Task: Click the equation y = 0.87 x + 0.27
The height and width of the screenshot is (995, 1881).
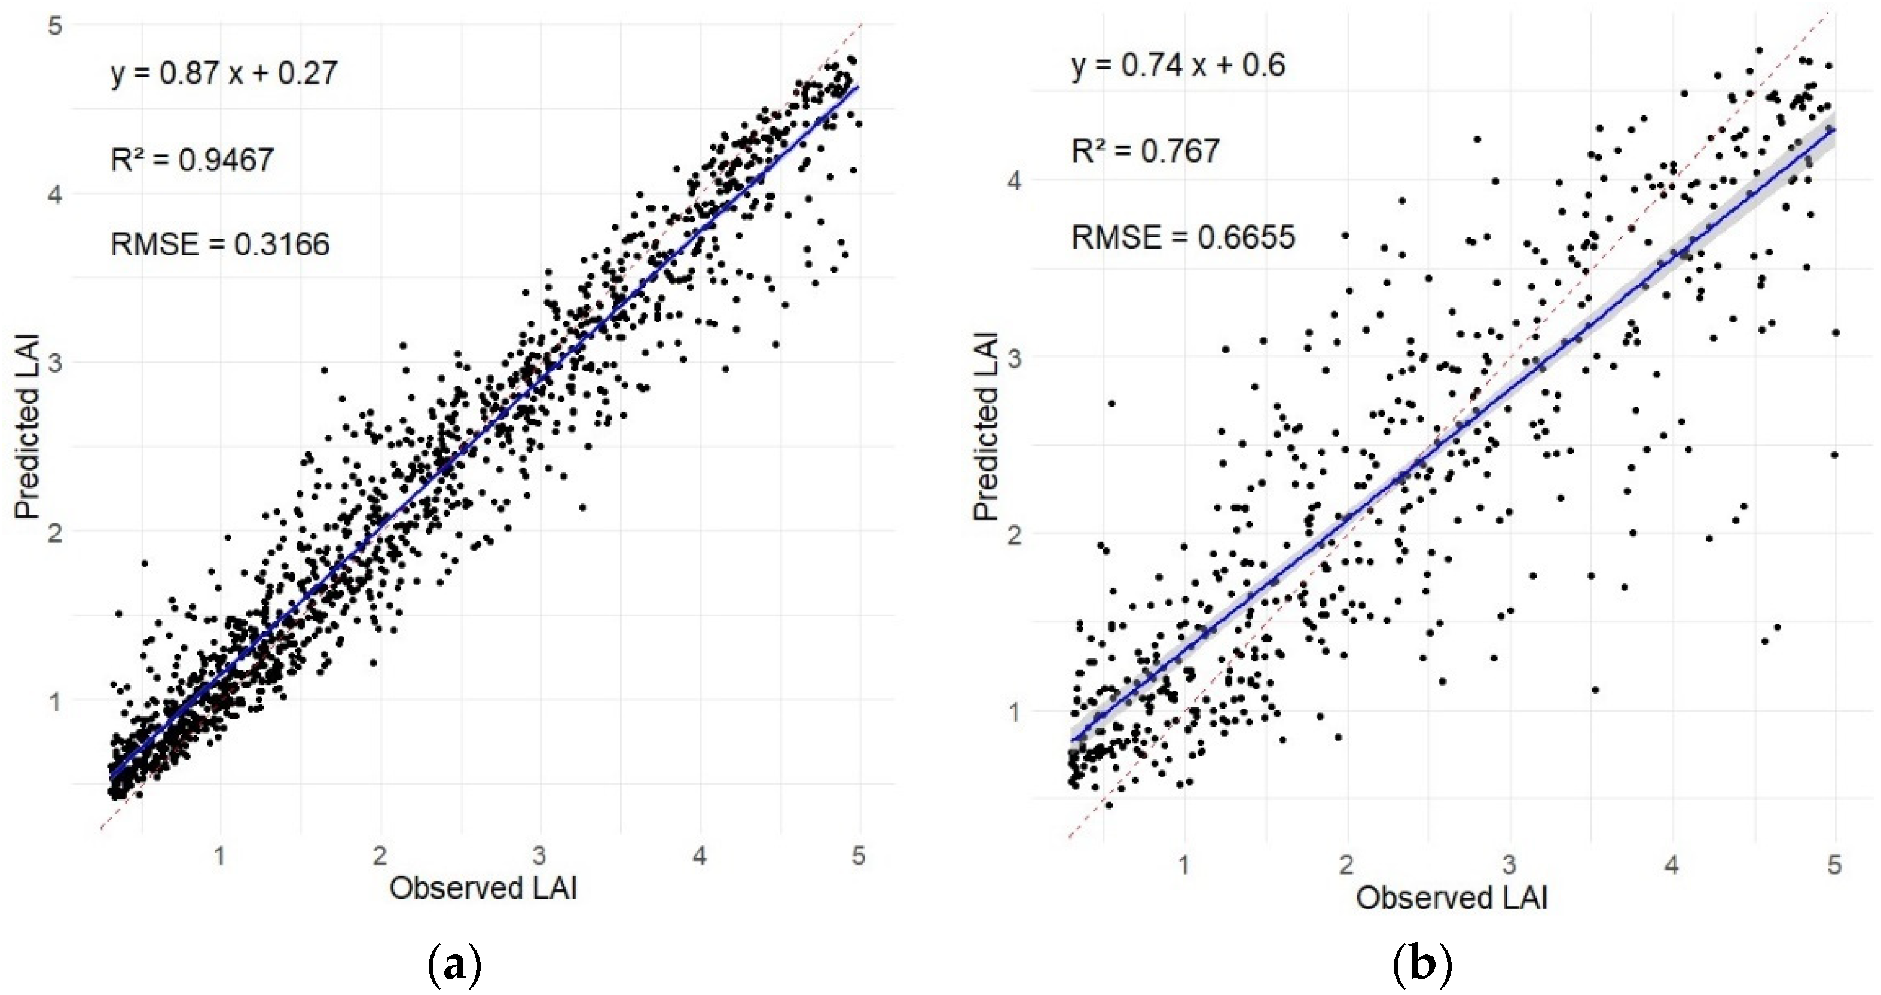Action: coord(224,73)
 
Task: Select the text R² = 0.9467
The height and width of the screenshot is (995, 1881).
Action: coord(192,159)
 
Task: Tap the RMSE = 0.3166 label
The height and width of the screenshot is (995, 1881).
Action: coord(220,244)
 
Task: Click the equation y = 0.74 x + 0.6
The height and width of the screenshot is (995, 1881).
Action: coord(1178,66)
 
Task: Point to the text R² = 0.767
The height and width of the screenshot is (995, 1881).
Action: coord(1145,151)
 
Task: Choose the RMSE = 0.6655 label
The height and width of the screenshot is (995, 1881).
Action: coord(1183,237)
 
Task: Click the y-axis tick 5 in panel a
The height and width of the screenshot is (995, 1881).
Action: coord(56,26)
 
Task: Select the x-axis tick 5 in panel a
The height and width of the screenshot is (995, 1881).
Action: coord(859,855)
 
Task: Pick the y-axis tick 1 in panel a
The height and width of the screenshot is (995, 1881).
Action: coord(56,701)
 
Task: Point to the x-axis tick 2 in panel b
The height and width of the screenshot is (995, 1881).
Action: coord(1346,865)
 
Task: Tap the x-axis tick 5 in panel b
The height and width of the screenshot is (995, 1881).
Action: coord(1834,865)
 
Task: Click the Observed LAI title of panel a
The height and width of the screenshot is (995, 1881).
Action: coord(483,889)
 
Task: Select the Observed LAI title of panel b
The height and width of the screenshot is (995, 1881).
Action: coord(1452,898)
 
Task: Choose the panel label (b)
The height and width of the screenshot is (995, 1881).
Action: coord(1422,965)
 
